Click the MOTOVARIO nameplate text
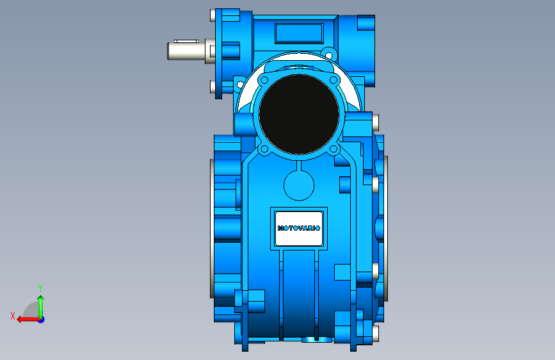(x=299, y=228)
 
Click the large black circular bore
(x=299, y=114)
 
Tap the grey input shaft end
(x=186, y=51)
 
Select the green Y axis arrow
(x=41, y=307)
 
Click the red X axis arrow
(x=28, y=320)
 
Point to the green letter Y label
(x=40, y=288)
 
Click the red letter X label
(x=13, y=316)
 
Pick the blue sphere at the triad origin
(x=42, y=320)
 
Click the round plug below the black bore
(x=299, y=186)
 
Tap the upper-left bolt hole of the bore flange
(x=264, y=80)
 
